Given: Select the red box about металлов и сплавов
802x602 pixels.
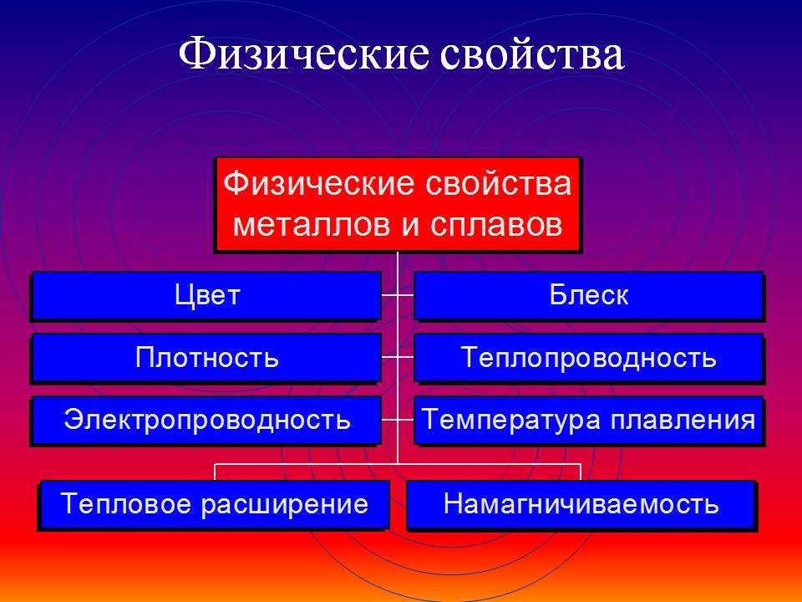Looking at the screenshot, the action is pos(398,204).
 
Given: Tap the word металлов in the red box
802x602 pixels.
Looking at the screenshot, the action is pos(312,224).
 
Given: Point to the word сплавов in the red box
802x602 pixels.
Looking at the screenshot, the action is pos(496,224).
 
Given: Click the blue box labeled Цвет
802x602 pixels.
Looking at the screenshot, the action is pos(206,296).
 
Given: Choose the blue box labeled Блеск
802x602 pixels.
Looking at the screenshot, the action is pos(589,296).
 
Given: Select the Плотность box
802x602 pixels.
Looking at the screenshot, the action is pos(206,358).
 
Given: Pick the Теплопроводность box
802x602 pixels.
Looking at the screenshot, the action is pos(589,358).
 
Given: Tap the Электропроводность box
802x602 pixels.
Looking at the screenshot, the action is pos(206,421).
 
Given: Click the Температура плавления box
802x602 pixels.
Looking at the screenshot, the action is pos(589,421).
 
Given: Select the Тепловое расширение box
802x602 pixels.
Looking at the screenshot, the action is pos(214,505).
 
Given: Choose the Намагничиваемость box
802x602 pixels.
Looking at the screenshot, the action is pos(581,505).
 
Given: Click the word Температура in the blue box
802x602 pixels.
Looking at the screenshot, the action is pos(511,421).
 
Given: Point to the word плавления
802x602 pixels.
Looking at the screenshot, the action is pos(683,421).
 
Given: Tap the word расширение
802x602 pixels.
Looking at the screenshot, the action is pos(284,505).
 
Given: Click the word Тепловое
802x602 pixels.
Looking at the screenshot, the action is pos(126,503).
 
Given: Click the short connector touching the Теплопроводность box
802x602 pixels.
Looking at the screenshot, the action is pos(406,357).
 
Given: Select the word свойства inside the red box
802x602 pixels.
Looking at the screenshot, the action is pos(498,183).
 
